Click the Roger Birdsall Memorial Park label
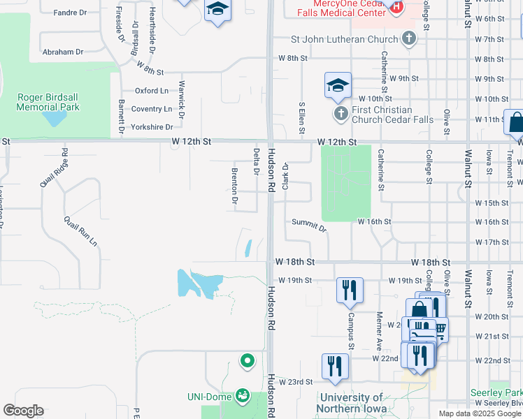coord(48,102)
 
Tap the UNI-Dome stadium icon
coord(243,397)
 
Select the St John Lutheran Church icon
coord(408,39)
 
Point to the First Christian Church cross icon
coord(341,113)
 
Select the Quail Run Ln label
coord(80,230)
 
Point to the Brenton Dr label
coord(235,188)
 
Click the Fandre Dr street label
coord(70,13)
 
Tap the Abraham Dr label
coord(63,52)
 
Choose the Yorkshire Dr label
coord(152,127)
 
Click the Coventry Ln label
coord(152,109)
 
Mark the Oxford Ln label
coord(152,91)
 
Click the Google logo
coord(23,411)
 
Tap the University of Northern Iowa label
coord(349,403)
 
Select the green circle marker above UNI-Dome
coord(246,361)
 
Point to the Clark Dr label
coord(285,176)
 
